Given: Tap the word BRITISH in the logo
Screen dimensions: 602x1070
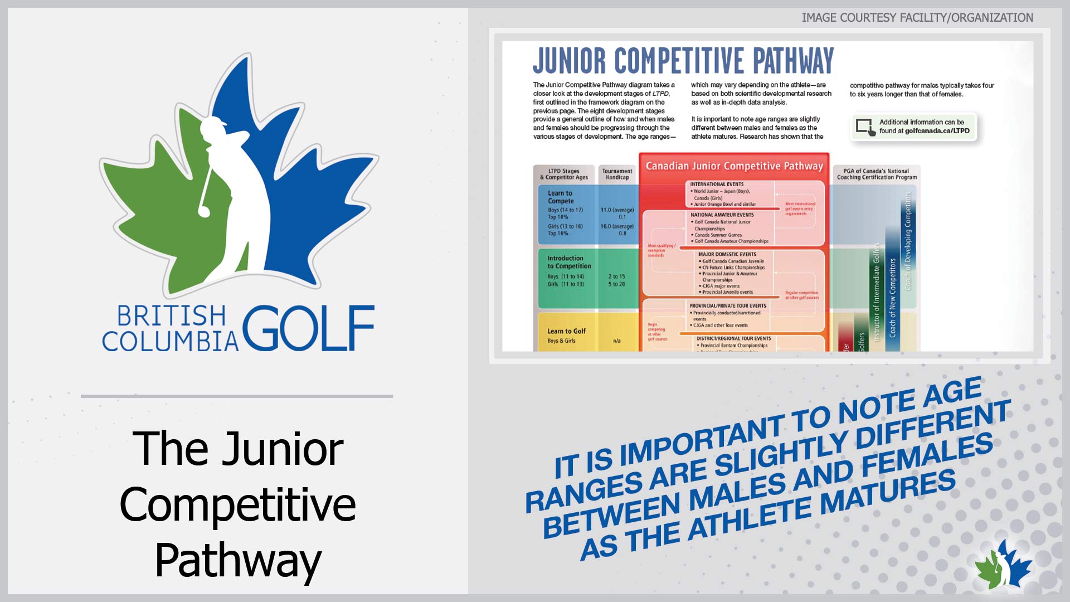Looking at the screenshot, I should point(171,316).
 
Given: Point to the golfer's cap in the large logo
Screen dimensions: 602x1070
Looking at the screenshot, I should point(214,123).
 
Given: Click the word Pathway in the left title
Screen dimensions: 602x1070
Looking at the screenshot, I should point(238,560).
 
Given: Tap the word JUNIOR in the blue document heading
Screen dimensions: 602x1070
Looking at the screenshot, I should point(569,61).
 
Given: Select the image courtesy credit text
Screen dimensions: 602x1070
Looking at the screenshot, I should point(917,18).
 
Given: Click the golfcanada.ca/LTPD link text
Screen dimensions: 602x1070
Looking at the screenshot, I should point(937,131).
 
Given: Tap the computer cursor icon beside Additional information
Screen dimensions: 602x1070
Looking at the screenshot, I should point(865,127).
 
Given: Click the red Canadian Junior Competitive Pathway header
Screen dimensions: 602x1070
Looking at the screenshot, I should point(734,166).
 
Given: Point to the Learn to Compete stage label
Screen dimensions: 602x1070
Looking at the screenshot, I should point(560,197).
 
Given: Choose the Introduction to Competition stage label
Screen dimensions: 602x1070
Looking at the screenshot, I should point(568,262).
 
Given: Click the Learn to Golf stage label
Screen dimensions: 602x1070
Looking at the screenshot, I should point(566,331).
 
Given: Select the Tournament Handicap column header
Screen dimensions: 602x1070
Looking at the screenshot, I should point(617,174).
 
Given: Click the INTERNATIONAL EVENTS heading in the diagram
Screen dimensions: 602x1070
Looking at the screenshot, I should point(717,184).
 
